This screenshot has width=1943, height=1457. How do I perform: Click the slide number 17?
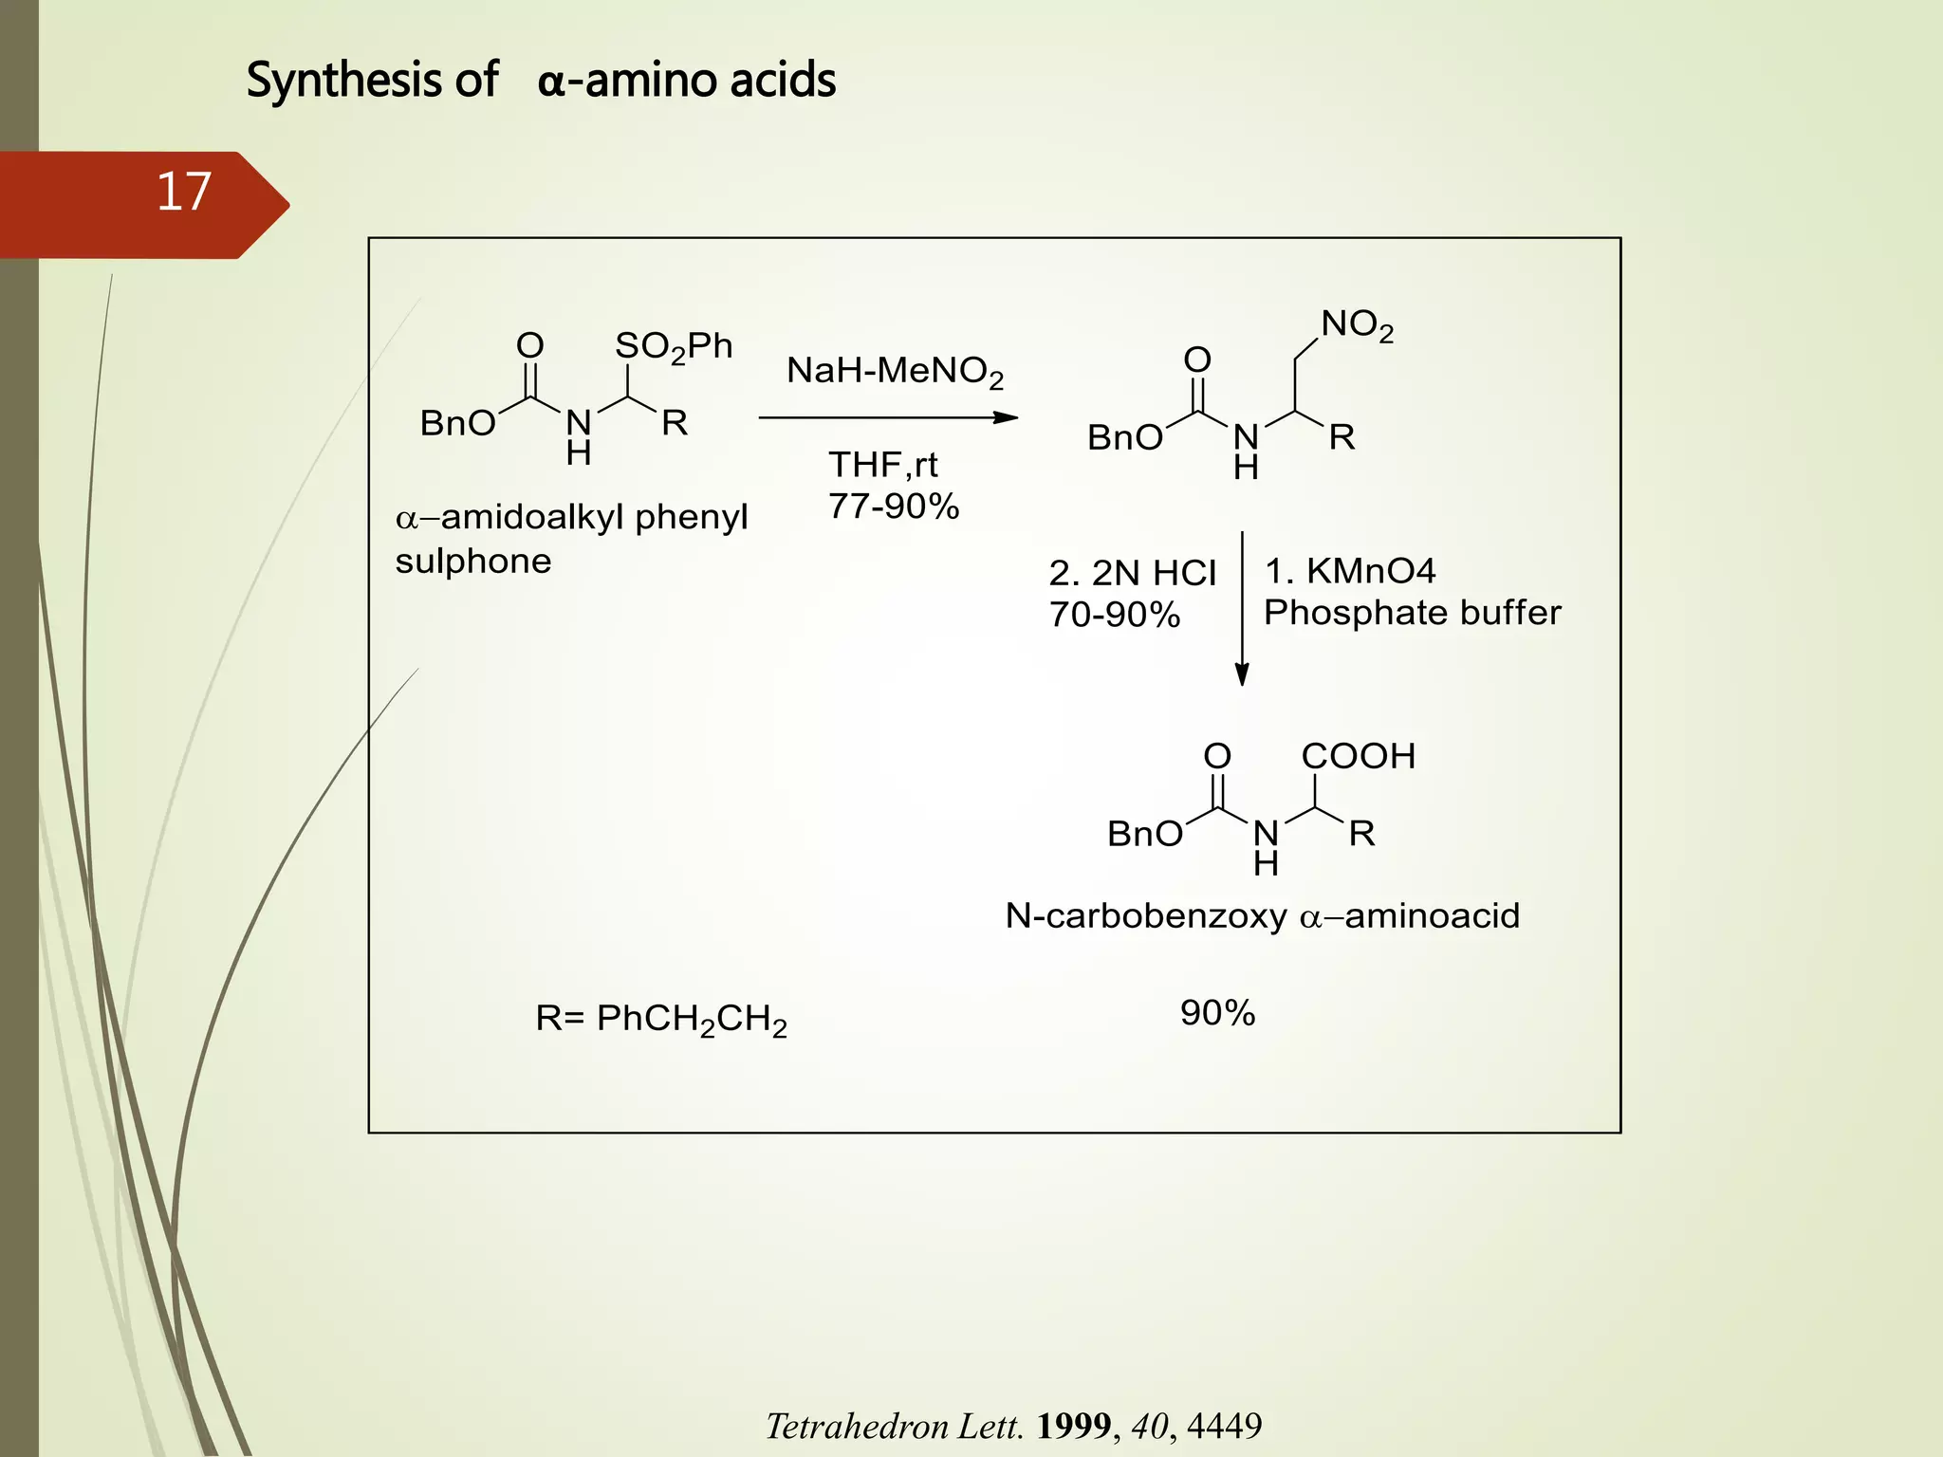tap(183, 193)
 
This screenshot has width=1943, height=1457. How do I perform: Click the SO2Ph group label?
tap(674, 347)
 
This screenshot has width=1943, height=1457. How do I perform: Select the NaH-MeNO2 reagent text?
tap(894, 371)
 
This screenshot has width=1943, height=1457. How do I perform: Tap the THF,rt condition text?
tap(882, 465)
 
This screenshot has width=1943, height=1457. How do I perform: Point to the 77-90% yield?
tap(893, 507)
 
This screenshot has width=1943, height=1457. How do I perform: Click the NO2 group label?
tap(1357, 325)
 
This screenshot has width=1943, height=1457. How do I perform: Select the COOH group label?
tap(1358, 757)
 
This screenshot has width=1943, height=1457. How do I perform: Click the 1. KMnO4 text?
tap(1350, 571)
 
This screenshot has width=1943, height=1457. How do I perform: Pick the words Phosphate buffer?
tap(1412, 613)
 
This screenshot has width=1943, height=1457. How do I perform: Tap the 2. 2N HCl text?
tap(1132, 573)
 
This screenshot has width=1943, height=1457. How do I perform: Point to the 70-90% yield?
tap(1114, 615)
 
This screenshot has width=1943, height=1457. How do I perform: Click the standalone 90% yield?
tap(1217, 1013)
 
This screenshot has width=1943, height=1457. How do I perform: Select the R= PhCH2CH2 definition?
tap(661, 1020)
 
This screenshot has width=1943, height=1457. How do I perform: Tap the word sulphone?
tap(472, 562)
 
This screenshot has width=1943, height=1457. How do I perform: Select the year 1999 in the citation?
tap(1073, 1426)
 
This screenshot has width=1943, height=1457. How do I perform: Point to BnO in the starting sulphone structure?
tap(457, 423)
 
